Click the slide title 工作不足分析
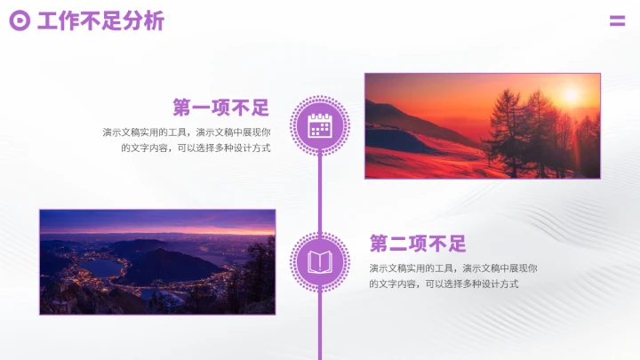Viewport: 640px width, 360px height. (x=100, y=21)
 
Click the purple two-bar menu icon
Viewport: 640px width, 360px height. (x=617, y=21)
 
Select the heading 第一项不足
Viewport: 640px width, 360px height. (x=221, y=108)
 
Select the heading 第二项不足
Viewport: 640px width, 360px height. (x=418, y=244)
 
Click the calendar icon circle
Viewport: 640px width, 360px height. (x=319, y=125)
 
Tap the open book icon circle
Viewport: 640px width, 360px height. (x=319, y=261)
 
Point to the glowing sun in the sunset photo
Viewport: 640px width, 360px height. (x=570, y=93)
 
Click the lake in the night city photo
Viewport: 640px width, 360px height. (x=100, y=267)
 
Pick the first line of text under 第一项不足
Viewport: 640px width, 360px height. (x=186, y=132)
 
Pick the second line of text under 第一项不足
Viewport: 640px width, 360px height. (x=196, y=148)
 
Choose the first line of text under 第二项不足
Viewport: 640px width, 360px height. (x=453, y=268)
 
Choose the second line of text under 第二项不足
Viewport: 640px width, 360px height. (x=444, y=284)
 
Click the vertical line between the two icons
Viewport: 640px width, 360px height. (x=319, y=194)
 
